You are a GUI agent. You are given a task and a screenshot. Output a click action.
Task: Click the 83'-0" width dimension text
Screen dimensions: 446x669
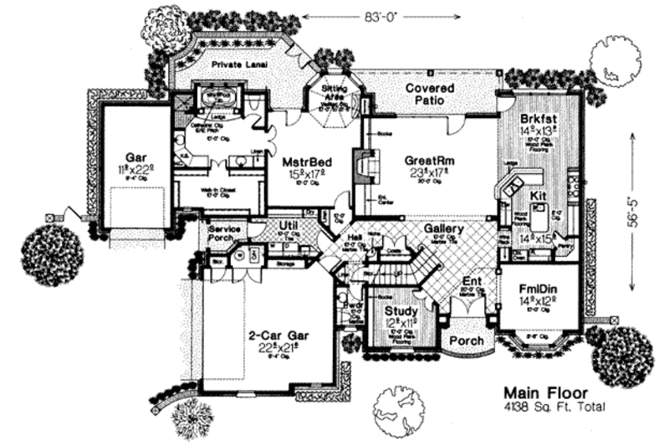tap(339, 14)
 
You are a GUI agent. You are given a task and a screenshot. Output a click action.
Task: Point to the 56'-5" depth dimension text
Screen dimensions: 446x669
tap(636, 211)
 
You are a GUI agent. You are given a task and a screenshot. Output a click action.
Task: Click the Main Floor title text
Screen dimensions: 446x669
tap(545, 392)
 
